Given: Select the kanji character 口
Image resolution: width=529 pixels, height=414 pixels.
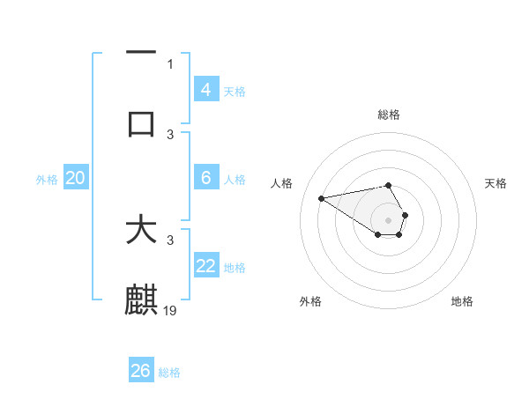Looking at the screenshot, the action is pyautogui.click(x=141, y=124).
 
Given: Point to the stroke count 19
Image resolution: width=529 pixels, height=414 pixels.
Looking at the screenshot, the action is pyautogui.click(x=171, y=310).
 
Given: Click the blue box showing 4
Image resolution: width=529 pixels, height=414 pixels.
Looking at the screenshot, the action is pyautogui.click(x=206, y=89).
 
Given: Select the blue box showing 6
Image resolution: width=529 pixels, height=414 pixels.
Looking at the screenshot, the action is pyautogui.click(x=206, y=178).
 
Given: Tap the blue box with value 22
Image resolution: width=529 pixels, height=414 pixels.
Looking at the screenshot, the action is pyautogui.click(x=206, y=266).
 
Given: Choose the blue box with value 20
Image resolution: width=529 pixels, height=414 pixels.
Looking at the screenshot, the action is pyautogui.click(x=76, y=178).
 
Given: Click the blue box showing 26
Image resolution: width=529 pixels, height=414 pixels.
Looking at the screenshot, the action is pyautogui.click(x=141, y=371).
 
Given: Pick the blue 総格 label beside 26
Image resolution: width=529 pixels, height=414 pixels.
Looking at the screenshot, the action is pyautogui.click(x=169, y=373).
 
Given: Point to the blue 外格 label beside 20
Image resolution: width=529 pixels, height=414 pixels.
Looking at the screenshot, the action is pyautogui.click(x=47, y=180).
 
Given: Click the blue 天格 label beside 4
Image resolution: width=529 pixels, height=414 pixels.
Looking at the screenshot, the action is pyautogui.click(x=235, y=91).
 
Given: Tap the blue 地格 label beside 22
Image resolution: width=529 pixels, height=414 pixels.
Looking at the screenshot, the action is pyautogui.click(x=235, y=268).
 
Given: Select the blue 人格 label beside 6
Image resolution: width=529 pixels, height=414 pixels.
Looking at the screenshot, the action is pyautogui.click(x=235, y=180).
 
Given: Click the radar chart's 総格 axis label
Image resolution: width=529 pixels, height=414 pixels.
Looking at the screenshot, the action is pyautogui.click(x=389, y=115).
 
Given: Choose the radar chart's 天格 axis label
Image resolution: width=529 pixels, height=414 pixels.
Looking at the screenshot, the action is pyautogui.click(x=495, y=183).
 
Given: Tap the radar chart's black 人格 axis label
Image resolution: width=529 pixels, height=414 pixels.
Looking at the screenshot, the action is pyautogui.click(x=282, y=183).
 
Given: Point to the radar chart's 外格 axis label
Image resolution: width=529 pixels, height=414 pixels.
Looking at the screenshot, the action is pyautogui.click(x=310, y=301).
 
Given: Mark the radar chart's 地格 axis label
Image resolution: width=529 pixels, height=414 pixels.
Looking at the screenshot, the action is pyautogui.click(x=462, y=301).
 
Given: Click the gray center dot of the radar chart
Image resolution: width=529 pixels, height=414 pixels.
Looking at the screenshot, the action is pyautogui.click(x=388, y=219).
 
